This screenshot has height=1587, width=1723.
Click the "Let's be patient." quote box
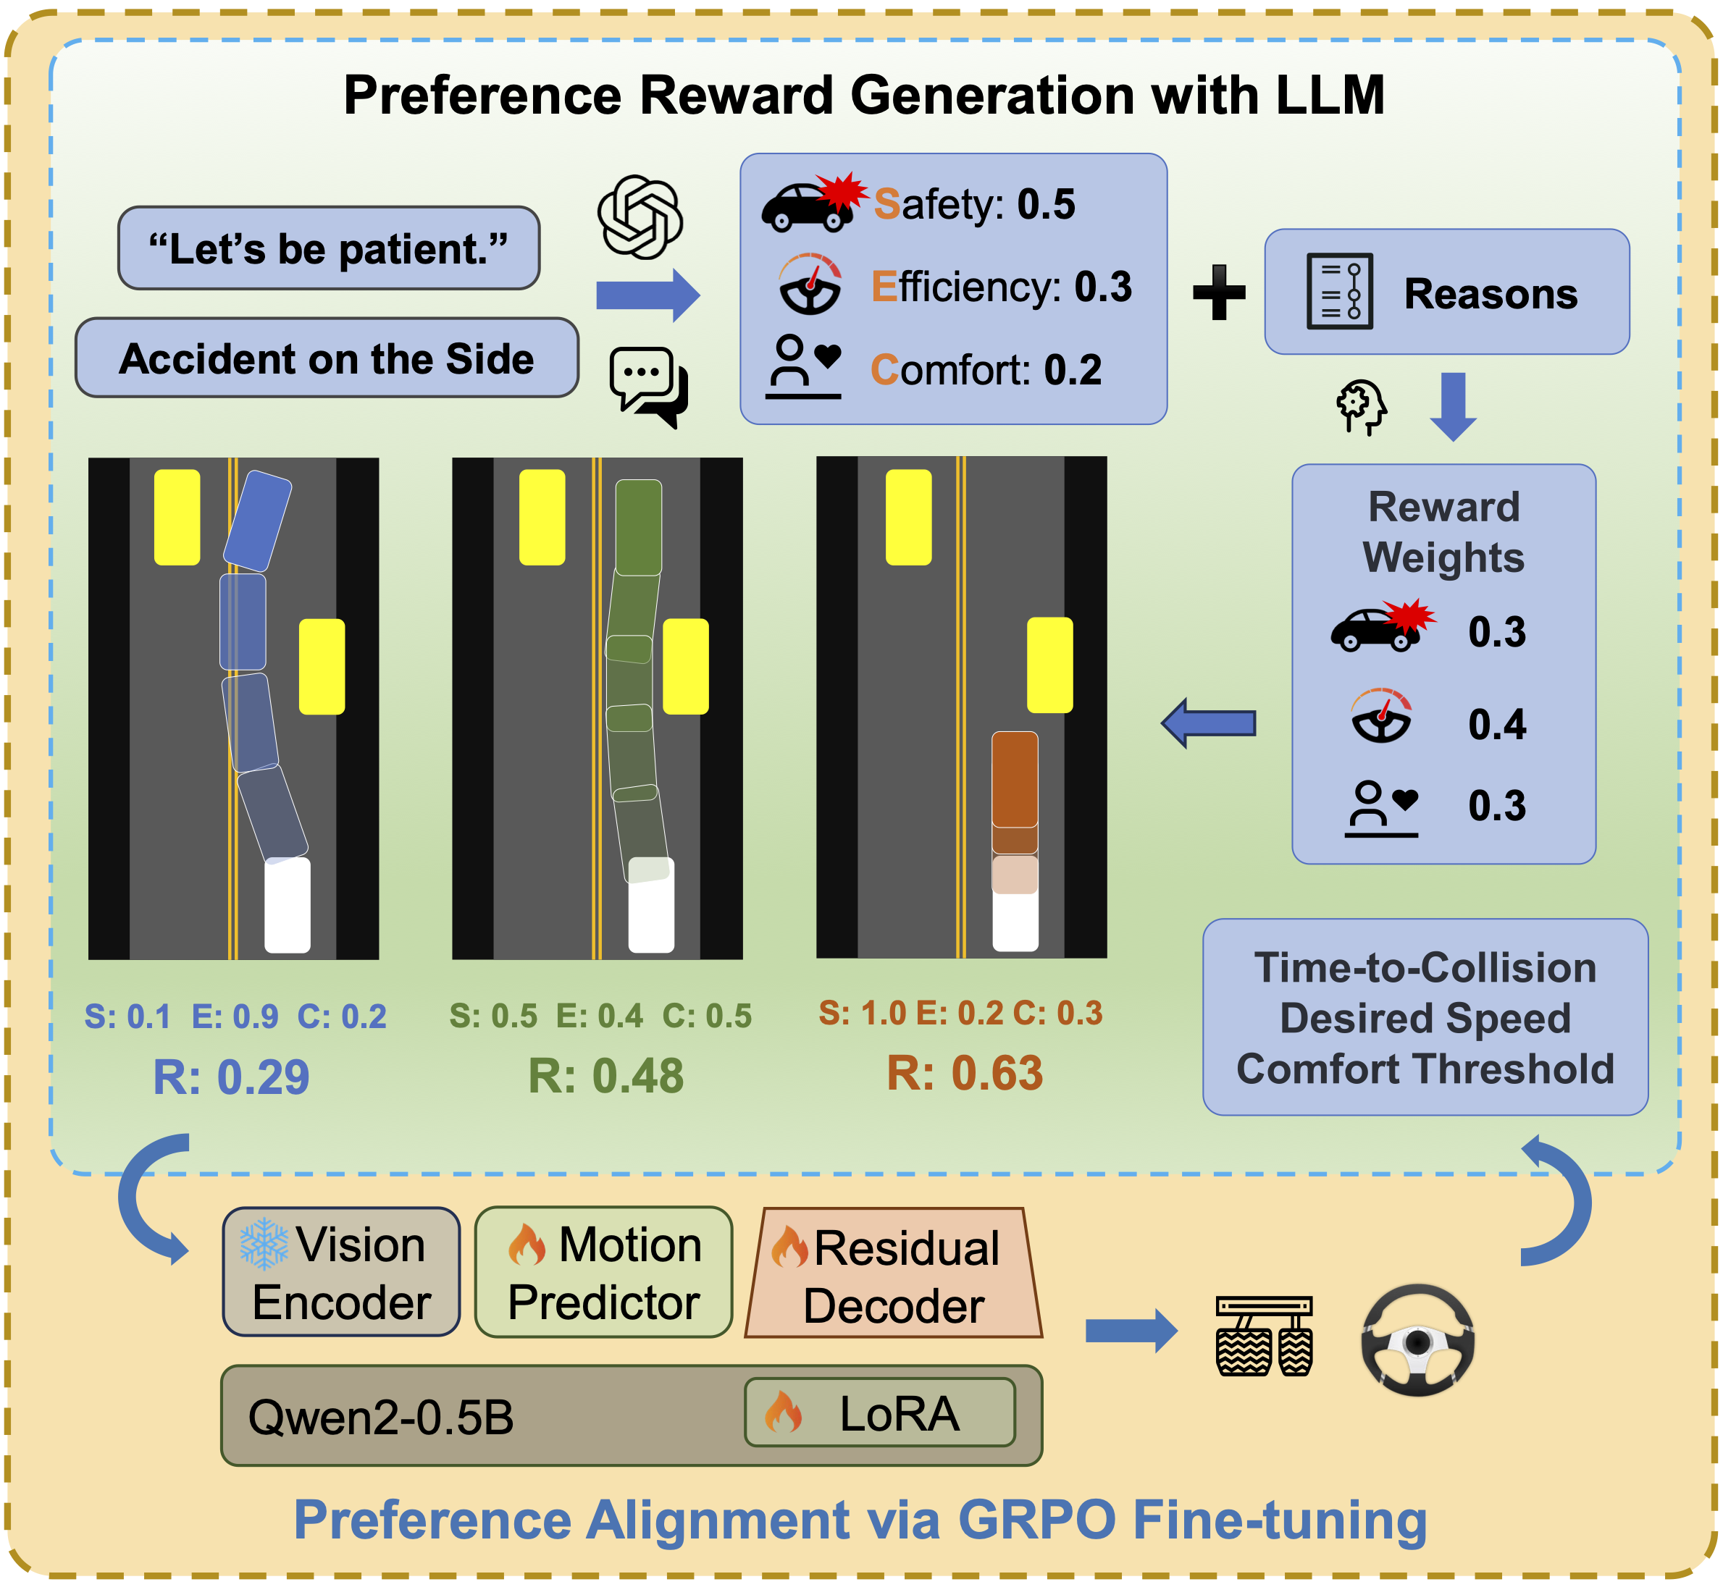(x=328, y=248)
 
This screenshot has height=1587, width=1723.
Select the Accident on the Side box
(x=327, y=358)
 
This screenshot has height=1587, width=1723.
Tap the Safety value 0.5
(x=1045, y=204)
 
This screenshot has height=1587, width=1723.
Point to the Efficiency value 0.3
(x=1103, y=287)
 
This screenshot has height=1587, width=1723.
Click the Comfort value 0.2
(x=1072, y=370)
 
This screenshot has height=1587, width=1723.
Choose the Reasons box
(x=1446, y=292)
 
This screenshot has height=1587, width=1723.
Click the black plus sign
(x=1219, y=292)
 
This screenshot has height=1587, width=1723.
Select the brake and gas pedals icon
(x=1264, y=1336)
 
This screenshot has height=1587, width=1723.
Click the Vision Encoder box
(x=341, y=1272)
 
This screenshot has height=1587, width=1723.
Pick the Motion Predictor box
(x=603, y=1272)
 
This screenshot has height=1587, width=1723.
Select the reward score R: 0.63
(x=964, y=1074)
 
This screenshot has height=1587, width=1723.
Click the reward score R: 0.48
(x=605, y=1076)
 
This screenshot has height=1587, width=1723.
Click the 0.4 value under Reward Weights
(x=1496, y=724)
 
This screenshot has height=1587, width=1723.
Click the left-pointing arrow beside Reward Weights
(x=1209, y=723)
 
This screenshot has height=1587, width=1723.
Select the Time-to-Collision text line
(x=1425, y=968)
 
